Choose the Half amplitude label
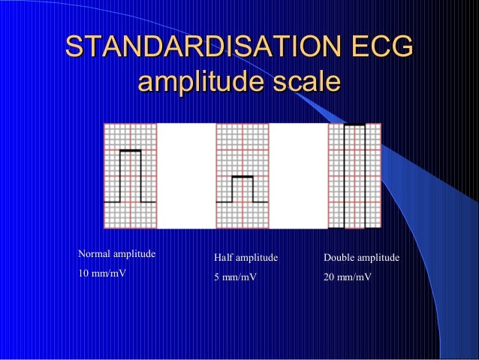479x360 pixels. click(x=246, y=259)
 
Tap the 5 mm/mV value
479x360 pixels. click(x=235, y=277)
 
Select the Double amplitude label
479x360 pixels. click(x=361, y=259)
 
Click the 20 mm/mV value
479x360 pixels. click(x=348, y=277)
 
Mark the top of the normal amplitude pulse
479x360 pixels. click(x=130, y=151)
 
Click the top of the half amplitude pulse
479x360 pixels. click(x=243, y=177)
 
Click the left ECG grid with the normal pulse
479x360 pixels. click(x=130, y=175)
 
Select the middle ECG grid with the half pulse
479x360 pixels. click(x=242, y=175)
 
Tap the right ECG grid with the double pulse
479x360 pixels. click(x=354, y=175)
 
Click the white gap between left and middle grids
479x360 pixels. click(x=186, y=175)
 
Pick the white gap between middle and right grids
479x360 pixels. click(x=298, y=175)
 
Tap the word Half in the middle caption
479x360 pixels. click(x=224, y=259)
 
